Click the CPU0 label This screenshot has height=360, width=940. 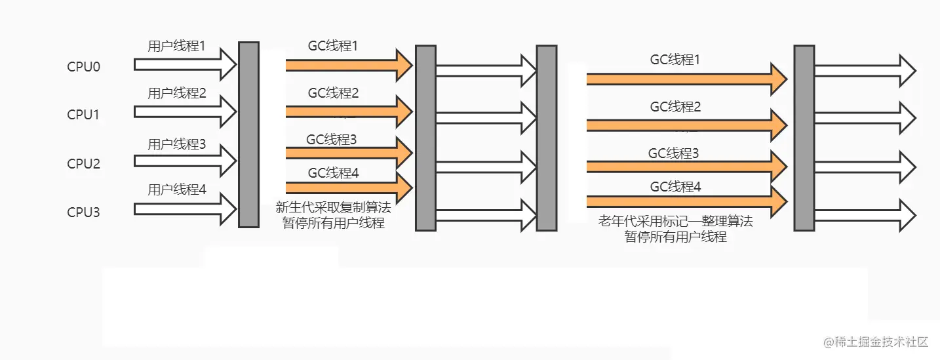tap(83, 66)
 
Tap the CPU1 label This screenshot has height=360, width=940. tap(83, 115)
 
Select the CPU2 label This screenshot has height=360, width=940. tap(83, 163)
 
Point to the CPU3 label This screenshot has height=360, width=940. tap(83, 212)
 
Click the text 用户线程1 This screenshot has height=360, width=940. tap(176, 46)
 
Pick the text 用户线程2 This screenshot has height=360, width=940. tap(176, 93)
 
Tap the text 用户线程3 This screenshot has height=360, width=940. tap(176, 144)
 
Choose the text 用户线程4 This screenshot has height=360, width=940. tap(176, 190)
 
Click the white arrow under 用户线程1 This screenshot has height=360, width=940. tap(185, 64)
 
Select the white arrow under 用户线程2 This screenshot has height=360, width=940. tap(185, 111)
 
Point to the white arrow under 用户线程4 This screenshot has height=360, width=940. tap(185, 210)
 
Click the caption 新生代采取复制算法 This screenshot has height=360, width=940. tap(333, 208)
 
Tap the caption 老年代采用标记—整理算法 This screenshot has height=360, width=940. tap(675, 222)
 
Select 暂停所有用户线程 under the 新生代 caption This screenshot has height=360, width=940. tap(333, 223)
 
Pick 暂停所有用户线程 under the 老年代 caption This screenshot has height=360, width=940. tap(675, 237)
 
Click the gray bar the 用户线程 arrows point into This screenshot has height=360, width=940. tap(248, 134)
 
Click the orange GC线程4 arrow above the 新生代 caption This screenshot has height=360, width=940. tap(348, 188)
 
